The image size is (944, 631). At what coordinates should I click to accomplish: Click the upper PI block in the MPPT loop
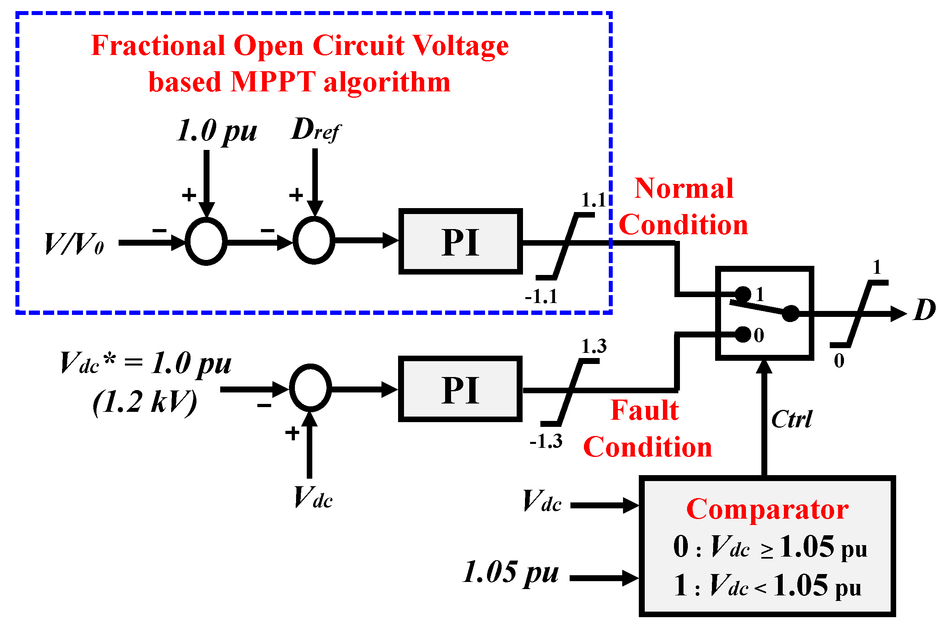coord(461,241)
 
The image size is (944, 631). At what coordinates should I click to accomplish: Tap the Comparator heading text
coord(767,510)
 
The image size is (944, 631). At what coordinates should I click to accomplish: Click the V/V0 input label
coord(74,244)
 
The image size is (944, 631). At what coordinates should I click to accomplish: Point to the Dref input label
coord(315,130)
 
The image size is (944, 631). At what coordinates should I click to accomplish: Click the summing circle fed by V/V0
coord(206,241)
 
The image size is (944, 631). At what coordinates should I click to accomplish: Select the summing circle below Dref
coord(314,241)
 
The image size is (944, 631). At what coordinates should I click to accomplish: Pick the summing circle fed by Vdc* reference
coord(310,388)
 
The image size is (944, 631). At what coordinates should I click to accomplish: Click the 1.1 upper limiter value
coord(593,200)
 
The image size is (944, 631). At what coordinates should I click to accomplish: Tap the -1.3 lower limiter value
coord(546,442)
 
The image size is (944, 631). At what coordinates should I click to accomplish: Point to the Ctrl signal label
coord(791,420)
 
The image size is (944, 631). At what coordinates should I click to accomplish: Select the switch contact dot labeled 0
coord(742,334)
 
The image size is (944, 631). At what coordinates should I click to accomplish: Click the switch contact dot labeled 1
coord(742,294)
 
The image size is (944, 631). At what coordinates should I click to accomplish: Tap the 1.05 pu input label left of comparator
coord(511,573)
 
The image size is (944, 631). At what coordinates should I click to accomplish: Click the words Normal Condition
coord(683,207)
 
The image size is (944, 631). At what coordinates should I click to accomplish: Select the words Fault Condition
coord(647,429)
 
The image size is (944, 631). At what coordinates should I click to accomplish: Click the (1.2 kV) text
coord(145,402)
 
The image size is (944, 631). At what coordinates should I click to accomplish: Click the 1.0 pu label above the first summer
coord(217,131)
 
